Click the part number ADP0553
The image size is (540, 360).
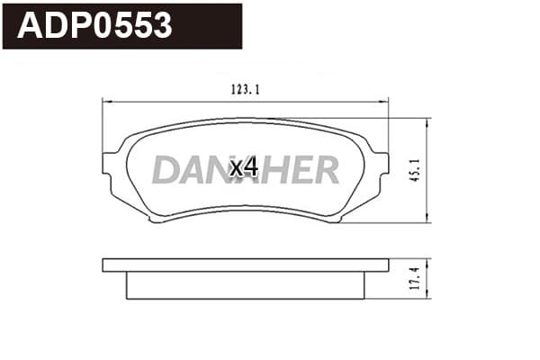(x=94, y=25)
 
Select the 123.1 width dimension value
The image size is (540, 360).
(x=245, y=90)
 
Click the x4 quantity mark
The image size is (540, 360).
(x=244, y=167)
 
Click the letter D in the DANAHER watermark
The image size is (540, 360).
(x=166, y=169)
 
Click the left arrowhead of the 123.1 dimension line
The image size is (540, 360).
(x=107, y=102)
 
